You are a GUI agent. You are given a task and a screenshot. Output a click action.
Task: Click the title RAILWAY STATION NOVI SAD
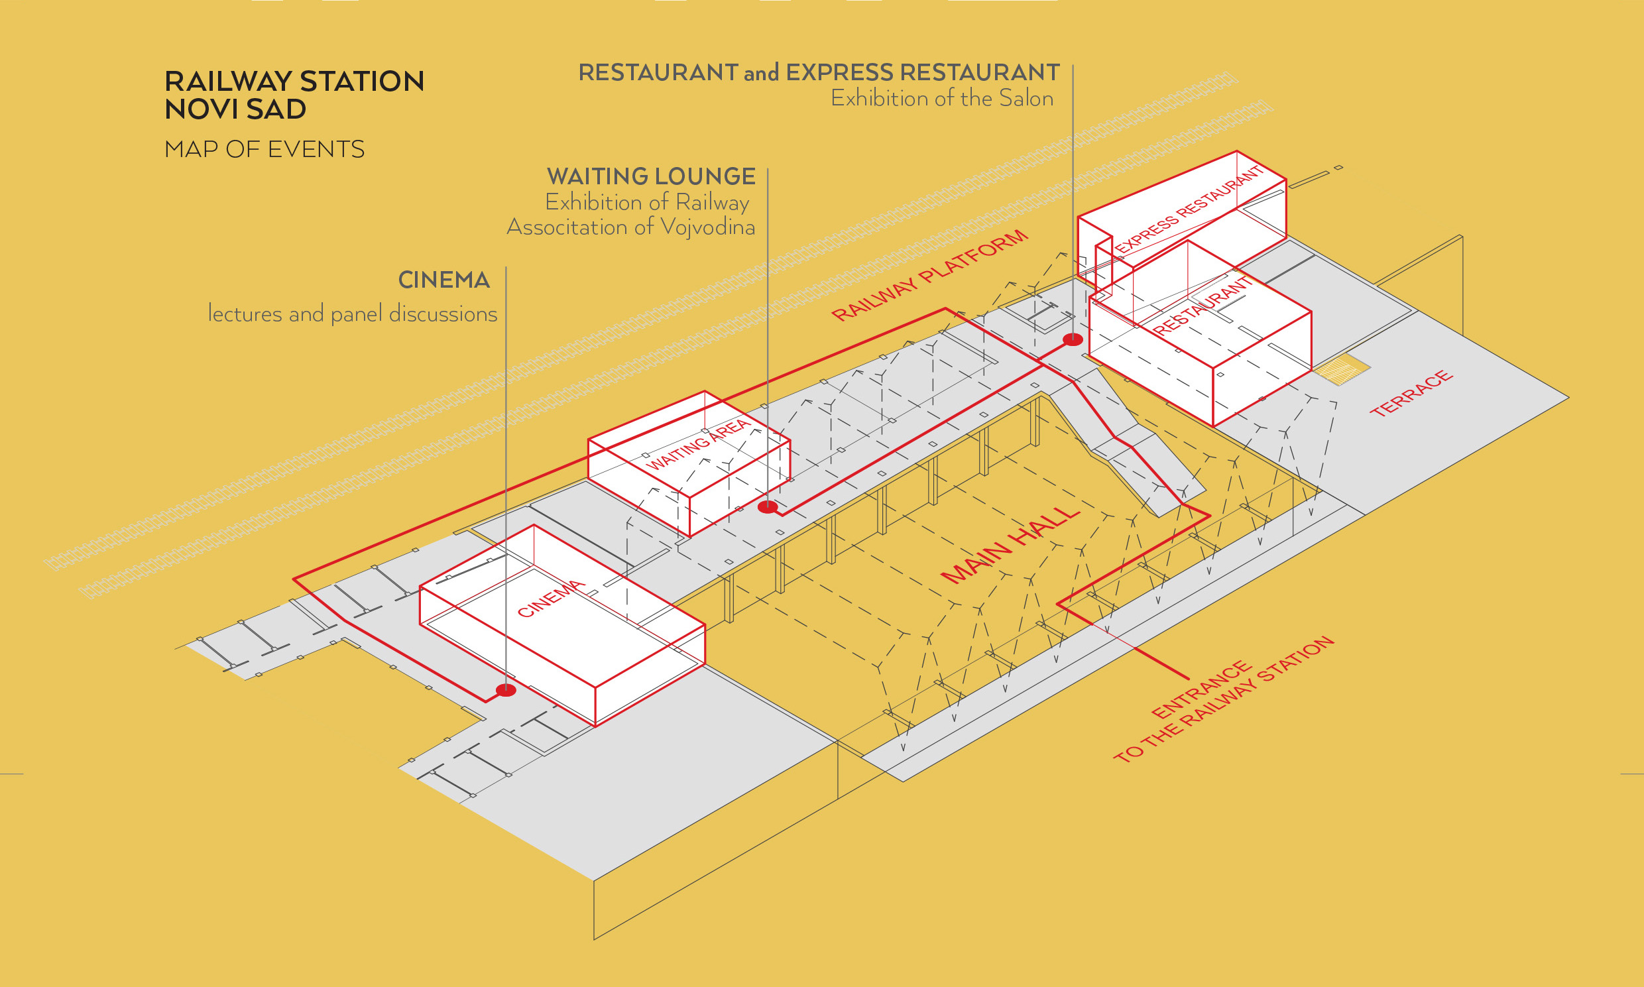294,94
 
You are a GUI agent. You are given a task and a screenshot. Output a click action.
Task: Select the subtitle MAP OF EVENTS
264,150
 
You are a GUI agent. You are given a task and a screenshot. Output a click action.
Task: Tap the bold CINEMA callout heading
443,280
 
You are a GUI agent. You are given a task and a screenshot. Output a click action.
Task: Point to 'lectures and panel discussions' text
353,314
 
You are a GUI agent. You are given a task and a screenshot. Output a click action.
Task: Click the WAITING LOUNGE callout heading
651,176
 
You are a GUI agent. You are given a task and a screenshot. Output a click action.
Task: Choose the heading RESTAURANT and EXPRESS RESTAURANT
819,72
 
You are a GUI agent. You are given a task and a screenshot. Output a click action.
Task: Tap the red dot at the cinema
506,690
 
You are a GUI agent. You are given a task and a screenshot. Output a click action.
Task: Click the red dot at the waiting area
768,508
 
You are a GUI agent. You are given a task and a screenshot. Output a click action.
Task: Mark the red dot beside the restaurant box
1073,340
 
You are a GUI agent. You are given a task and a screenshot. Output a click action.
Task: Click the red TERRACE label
1411,394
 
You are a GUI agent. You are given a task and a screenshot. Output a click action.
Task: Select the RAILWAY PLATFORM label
930,275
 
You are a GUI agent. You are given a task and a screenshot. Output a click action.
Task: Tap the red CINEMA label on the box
552,599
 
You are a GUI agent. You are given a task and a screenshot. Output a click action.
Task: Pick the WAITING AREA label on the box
698,445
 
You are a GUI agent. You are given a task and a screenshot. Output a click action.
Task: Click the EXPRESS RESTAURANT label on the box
1190,209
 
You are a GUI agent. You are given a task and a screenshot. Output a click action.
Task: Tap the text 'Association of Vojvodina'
630,227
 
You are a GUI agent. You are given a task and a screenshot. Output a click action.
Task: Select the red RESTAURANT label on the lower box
1203,307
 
